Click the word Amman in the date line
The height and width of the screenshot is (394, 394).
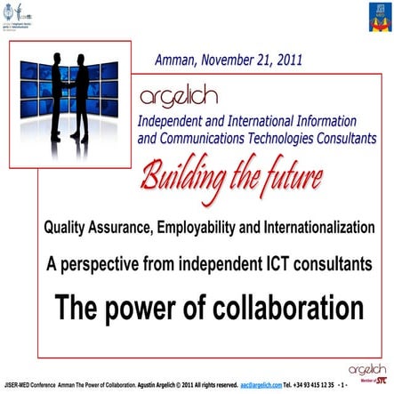point(175,61)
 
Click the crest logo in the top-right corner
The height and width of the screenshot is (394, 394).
point(374,17)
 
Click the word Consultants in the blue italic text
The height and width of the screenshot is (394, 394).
point(341,138)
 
